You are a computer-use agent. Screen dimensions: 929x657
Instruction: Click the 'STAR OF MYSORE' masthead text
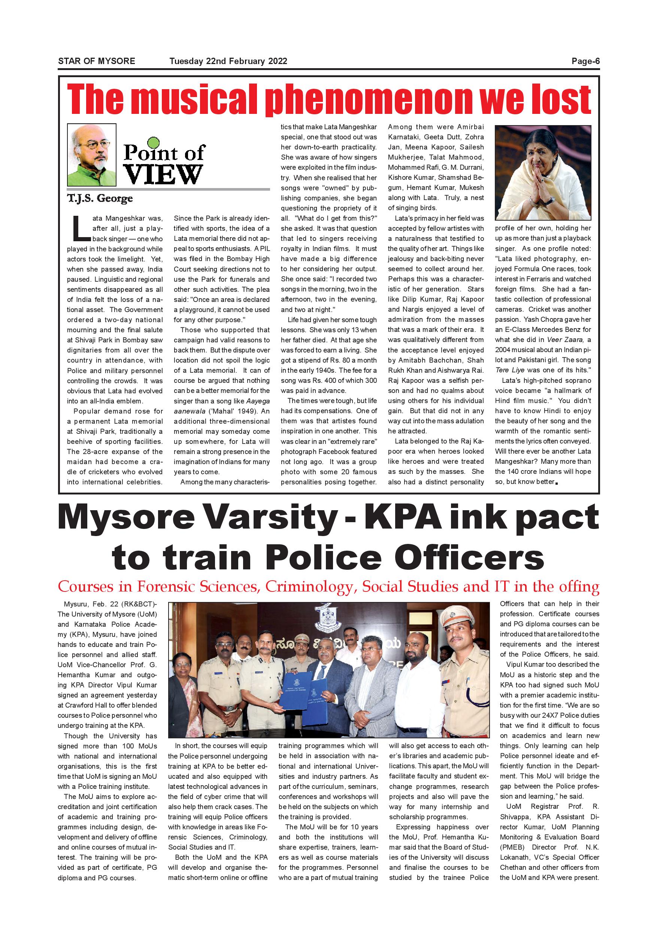96,61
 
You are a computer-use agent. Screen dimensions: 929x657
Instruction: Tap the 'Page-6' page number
585,61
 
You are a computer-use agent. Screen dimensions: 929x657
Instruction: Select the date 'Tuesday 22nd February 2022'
228,61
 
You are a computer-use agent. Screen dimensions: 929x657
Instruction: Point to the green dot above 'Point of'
154,142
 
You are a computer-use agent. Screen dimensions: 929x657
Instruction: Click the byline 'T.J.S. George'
100,199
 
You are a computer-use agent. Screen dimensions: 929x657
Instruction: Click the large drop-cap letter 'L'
79,228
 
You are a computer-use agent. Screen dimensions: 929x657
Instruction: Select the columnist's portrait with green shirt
91,155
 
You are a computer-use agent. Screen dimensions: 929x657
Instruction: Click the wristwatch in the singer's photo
549,200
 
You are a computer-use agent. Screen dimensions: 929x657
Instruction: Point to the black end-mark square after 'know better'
557,483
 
